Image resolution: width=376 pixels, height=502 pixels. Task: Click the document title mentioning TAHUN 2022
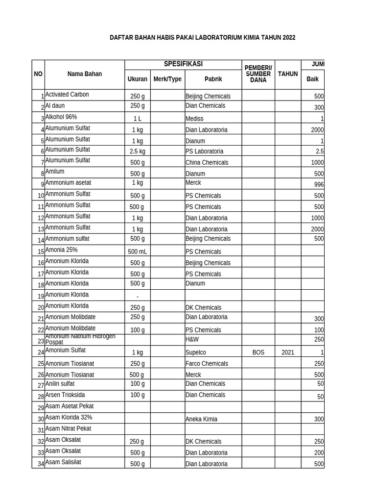pyautogui.click(x=202, y=38)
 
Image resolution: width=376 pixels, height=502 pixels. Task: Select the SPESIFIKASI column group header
pyautogui.click(x=183, y=65)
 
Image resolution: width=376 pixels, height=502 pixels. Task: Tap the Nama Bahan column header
pyautogui.click(x=85, y=74)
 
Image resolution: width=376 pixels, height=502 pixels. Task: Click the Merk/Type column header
pyautogui.click(x=167, y=79)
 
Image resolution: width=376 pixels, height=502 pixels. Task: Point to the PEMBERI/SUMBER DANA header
pyautogui.click(x=258, y=74)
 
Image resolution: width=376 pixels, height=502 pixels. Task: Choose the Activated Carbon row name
pyautogui.click(x=67, y=95)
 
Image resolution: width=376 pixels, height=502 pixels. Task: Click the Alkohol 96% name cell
pyautogui.click(x=61, y=117)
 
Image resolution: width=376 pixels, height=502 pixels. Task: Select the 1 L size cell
pyautogui.click(x=137, y=119)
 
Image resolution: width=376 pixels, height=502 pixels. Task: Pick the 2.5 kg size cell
pyautogui.click(x=137, y=151)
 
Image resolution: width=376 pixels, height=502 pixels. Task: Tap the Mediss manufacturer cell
pyautogui.click(x=194, y=119)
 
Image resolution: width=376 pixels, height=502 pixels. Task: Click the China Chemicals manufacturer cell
pyautogui.click(x=207, y=162)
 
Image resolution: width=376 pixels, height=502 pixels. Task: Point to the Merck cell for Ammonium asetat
pyautogui.click(x=193, y=183)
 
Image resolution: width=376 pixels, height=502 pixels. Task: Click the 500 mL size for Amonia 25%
pyautogui.click(x=137, y=251)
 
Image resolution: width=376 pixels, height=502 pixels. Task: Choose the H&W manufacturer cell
pyautogui.click(x=192, y=339)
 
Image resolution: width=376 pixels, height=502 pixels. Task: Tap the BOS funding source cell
pyautogui.click(x=258, y=352)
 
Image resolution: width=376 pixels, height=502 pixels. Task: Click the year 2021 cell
pyautogui.click(x=288, y=352)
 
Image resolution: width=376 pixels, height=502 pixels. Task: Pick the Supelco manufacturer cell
pyautogui.click(x=196, y=352)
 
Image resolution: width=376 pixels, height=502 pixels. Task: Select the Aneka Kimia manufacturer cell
pyautogui.click(x=201, y=419)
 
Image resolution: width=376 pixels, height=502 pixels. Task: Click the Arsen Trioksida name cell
pyautogui.click(x=65, y=395)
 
